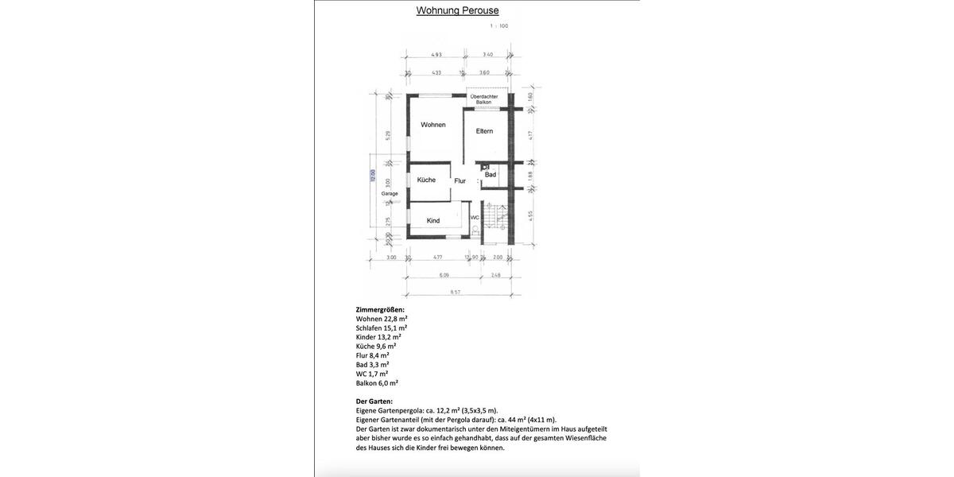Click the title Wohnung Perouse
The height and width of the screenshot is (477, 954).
pyautogui.click(x=457, y=10)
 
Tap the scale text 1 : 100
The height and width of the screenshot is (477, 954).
pyautogui.click(x=498, y=26)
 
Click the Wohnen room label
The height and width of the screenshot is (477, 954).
pyautogui.click(x=433, y=125)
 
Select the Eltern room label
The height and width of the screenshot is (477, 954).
pyautogui.click(x=484, y=131)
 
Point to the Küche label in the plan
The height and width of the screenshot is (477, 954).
pyautogui.click(x=426, y=180)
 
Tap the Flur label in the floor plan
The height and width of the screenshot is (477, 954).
pyautogui.click(x=460, y=181)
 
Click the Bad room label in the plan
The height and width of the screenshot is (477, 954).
pyautogui.click(x=491, y=175)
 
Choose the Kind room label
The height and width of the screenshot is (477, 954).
pyautogui.click(x=433, y=221)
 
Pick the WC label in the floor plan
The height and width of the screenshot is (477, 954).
pyautogui.click(x=475, y=217)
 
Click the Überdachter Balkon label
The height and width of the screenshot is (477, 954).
pyautogui.click(x=483, y=99)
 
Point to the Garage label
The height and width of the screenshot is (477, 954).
pyautogui.click(x=390, y=194)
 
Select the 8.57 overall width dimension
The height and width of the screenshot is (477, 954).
pyautogui.click(x=456, y=292)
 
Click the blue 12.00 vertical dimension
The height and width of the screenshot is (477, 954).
pyautogui.click(x=372, y=175)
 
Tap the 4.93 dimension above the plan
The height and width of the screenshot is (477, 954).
pyautogui.click(x=436, y=55)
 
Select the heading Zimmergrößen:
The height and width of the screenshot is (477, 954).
pyautogui.click(x=380, y=310)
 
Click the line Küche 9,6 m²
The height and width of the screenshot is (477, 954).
pyautogui.click(x=376, y=347)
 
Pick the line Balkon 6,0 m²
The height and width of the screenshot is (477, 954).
pyautogui.click(x=377, y=383)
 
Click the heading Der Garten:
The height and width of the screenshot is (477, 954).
pyautogui.click(x=374, y=401)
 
